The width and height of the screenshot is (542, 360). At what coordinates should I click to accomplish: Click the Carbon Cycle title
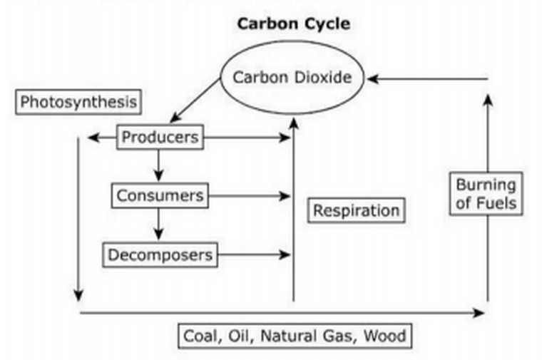click(293, 24)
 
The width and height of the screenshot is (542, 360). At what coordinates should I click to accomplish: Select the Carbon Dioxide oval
click(292, 77)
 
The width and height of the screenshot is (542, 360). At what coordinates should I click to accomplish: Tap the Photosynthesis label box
click(78, 102)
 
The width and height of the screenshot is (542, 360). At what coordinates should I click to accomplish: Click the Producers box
click(159, 137)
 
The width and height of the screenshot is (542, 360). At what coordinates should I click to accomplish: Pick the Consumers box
click(160, 195)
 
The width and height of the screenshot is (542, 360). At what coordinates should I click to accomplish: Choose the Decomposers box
click(160, 254)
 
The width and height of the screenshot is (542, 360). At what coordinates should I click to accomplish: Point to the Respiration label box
click(356, 210)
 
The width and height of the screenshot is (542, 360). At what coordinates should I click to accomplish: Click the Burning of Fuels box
click(486, 193)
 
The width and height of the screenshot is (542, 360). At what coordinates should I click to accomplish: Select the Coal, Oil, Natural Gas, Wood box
click(294, 335)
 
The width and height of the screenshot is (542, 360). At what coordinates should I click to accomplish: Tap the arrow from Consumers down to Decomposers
click(159, 225)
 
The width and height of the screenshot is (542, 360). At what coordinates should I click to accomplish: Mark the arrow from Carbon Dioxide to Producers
click(195, 101)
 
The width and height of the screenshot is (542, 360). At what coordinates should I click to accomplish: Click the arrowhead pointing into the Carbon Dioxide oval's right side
click(373, 78)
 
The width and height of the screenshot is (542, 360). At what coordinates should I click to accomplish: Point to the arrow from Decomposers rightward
click(254, 254)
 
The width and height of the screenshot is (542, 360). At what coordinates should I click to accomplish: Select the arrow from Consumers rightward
click(250, 195)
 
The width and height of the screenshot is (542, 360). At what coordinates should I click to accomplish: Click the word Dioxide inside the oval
click(322, 77)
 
